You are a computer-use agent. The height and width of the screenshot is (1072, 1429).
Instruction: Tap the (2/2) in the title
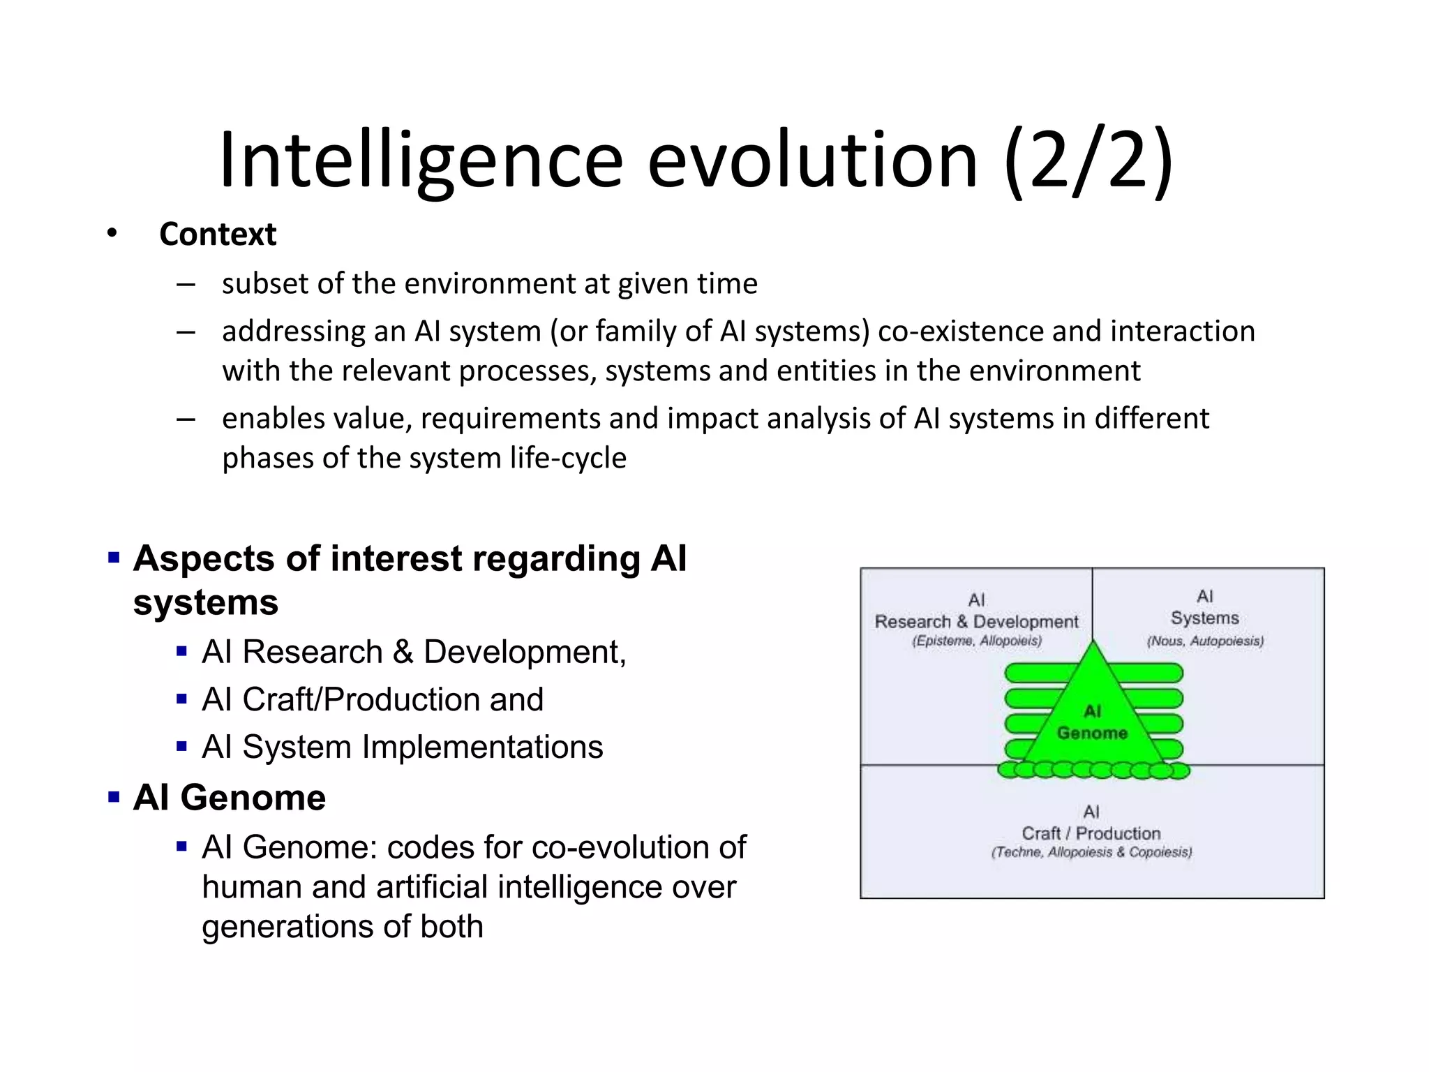coord(1088,162)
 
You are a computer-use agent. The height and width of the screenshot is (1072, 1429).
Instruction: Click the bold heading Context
coord(218,234)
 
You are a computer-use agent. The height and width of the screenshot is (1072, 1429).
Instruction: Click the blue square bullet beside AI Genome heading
coord(114,796)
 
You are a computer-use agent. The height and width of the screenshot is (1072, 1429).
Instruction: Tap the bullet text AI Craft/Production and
coord(373,699)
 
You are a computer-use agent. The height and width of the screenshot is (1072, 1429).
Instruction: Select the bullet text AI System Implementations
coord(402,747)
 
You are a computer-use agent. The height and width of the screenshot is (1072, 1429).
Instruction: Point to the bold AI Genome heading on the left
coord(230,797)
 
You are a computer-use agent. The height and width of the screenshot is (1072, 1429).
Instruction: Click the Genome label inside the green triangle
coord(1092,733)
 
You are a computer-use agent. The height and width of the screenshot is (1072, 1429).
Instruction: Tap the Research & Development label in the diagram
coord(976,621)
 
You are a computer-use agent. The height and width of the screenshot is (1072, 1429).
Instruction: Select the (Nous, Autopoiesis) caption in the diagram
coord(1205,641)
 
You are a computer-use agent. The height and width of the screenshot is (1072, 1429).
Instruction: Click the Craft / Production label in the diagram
coord(1091,833)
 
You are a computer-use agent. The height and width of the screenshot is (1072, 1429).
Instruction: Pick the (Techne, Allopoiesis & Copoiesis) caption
coord(1091,852)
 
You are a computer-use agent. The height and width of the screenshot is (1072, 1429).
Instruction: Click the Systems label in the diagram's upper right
coord(1205,618)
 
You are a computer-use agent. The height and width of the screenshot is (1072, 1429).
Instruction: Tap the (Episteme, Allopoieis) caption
coord(976,641)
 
